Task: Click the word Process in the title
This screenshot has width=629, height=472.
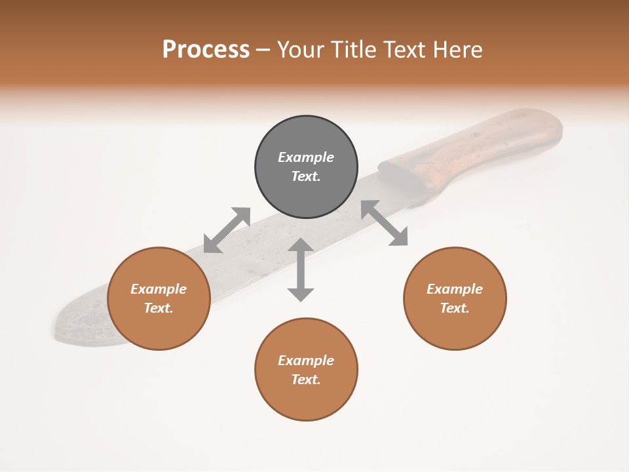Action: [206, 50]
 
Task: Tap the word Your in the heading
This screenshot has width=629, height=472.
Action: [301, 50]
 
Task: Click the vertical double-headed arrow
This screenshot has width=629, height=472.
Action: [301, 270]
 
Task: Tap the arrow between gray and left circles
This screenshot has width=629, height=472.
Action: [227, 230]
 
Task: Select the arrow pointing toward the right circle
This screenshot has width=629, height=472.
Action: [385, 224]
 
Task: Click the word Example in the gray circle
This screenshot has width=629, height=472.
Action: [306, 157]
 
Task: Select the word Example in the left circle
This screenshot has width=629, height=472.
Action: [159, 289]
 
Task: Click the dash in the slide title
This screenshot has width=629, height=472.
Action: [263, 50]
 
